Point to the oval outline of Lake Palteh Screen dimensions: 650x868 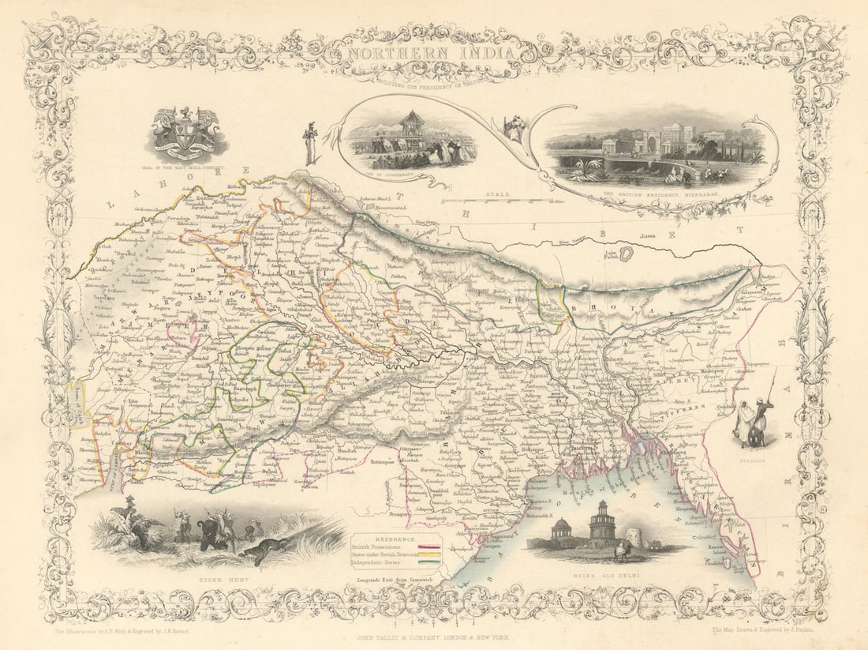pos(628,254)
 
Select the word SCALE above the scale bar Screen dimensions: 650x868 pos(499,193)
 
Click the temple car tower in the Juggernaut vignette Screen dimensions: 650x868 pos(411,127)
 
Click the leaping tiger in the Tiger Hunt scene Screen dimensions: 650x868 pos(260,553)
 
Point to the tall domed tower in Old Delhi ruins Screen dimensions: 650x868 pos(600,521)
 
